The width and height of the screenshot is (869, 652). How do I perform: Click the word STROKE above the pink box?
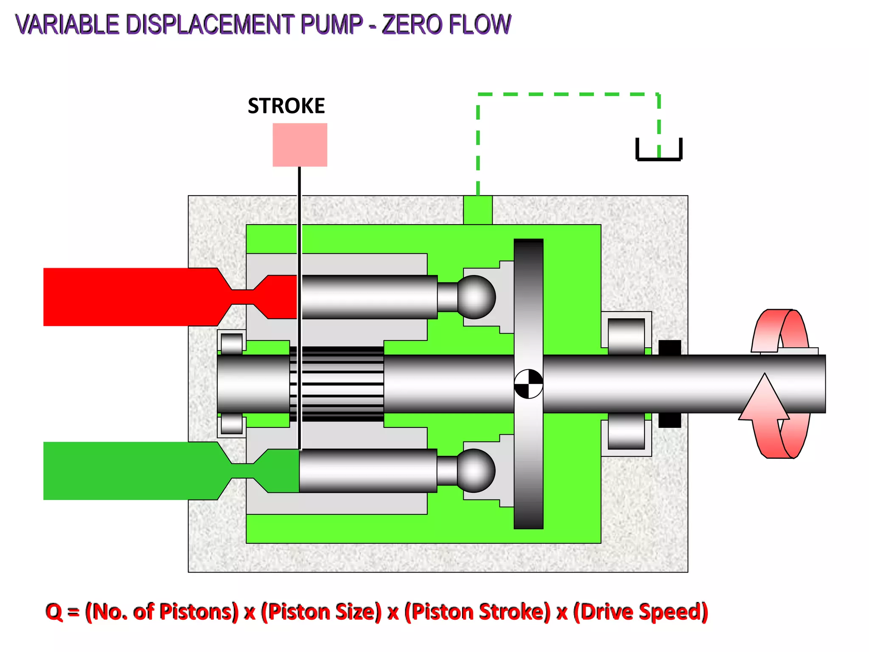click(286, 106)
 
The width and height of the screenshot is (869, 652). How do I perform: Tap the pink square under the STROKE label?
click(300, 145)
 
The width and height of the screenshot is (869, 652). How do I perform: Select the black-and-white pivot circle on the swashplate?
click(528, 384)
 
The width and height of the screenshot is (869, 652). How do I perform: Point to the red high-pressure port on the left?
click(127, 297)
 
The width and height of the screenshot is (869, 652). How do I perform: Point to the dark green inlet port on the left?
click(127, 471)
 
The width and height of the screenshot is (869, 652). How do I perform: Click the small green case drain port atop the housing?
click(478, 210)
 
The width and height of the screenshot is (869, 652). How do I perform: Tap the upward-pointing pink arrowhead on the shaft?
click(765, 397)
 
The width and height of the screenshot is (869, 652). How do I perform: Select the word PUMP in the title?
click(331, 24)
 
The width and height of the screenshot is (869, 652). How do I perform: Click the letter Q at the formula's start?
click(54, 612)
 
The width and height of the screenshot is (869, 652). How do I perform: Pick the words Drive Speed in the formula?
click(641, 612)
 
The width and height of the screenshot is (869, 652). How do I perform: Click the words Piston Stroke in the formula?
click(478, 612)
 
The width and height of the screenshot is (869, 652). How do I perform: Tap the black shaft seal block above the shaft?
click(670, 347)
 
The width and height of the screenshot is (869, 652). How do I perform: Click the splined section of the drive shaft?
click(337, 384)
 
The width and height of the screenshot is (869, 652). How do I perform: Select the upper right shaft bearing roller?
click(626, 336)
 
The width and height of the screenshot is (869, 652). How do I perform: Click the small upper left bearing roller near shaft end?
click(232, 343)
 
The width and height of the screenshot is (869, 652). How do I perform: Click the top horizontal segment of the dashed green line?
click(569, 94)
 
